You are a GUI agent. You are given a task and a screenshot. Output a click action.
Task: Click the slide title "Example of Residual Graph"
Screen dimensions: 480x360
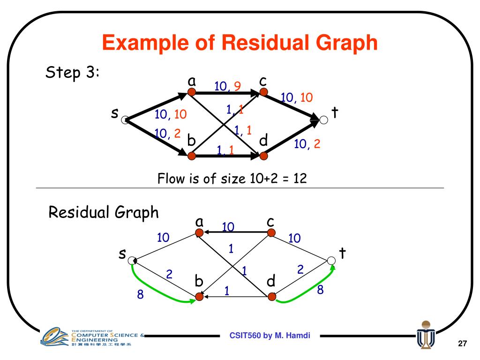pos(240,44)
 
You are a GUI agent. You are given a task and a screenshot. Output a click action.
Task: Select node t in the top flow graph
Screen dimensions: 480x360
pos(324,120)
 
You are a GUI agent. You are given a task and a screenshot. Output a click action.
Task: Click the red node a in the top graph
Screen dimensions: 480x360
pos(191,92)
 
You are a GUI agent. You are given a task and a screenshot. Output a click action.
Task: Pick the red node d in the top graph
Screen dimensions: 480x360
pos(263,155)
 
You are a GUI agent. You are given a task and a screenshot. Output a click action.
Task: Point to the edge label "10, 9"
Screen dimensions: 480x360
pos(228,86)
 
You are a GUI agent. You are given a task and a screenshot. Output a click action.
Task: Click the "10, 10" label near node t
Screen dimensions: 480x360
pos(297,97)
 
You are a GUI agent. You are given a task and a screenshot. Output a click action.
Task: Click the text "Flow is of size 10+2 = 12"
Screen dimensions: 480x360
pos(232,179)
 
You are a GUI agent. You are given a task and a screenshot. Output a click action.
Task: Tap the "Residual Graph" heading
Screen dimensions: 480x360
pos(104,212)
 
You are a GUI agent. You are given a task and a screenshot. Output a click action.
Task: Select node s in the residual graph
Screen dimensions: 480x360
pos(132,260)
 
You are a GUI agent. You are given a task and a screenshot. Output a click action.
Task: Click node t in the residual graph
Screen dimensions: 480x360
pos(331,260)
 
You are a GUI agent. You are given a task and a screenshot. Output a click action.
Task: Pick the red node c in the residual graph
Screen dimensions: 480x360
pos(271,232)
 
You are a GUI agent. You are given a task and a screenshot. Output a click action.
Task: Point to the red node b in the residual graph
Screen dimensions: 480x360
pos(200,297)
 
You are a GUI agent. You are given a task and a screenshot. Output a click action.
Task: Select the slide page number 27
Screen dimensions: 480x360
pos(462,345)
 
